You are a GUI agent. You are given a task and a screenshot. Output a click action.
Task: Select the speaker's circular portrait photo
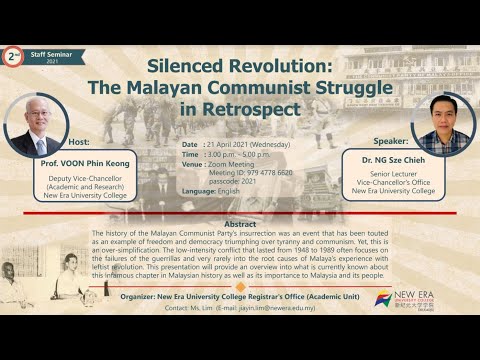coord(442,126)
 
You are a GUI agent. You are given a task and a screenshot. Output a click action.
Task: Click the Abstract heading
coord(240,224)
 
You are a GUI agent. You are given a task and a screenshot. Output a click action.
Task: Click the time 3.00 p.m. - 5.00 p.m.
coord(241,156)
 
